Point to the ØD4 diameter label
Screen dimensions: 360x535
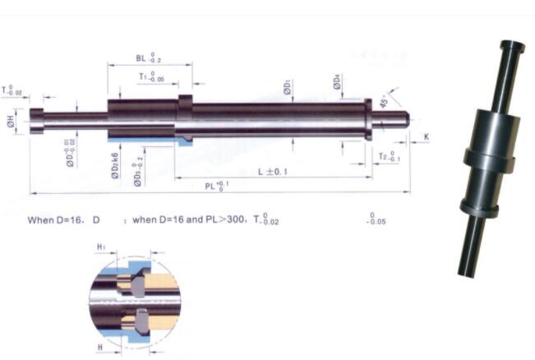(x=337, y=81)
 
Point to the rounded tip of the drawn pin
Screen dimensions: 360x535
(x=406, y=118)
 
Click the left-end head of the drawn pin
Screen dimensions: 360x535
(x=35, y=121)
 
